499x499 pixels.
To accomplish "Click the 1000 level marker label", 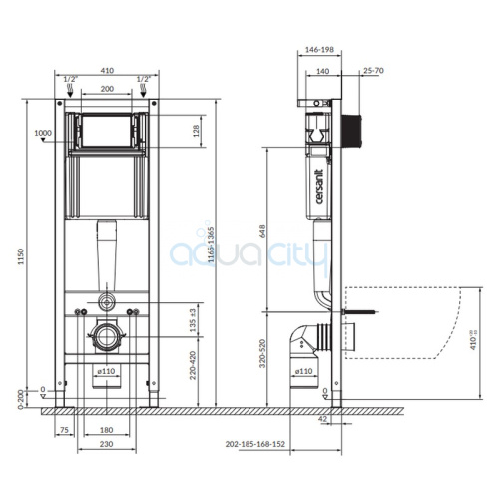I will click(x=43, y=133).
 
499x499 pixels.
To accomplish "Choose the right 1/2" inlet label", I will click(x=143, y=78).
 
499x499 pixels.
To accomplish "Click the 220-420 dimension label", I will click(x=192, y=367).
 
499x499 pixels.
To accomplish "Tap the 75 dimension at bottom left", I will click(x=64, y=432).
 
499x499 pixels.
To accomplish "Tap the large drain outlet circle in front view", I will click(x=107, y=336).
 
